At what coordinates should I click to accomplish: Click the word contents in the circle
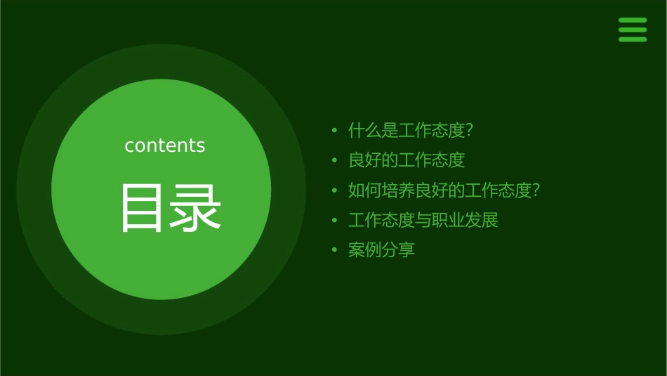coord(165,145)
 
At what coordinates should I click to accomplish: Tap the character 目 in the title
coord(142,208)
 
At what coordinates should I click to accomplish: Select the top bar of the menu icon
coord(633,20)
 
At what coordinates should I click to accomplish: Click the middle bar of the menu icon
coord(633,30)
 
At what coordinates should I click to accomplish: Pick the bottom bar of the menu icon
coord(633,39)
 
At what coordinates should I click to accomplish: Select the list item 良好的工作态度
coord(407,160)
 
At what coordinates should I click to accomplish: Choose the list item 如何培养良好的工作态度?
coord(444,190)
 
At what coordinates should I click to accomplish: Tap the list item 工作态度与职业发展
coord(423,220)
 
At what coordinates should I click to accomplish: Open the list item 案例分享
coord(382,250)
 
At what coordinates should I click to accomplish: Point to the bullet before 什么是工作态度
coord(335,131)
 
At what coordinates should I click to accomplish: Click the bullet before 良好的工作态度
coord(335,161)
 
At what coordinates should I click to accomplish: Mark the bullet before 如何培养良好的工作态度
coord(335,190)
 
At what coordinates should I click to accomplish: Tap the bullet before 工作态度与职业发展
coord(335,221)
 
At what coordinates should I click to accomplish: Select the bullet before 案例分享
coord(335,250)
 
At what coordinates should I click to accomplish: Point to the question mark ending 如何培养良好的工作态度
coord(536,190)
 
